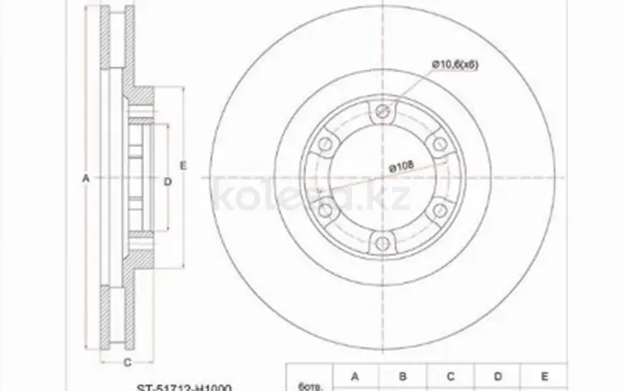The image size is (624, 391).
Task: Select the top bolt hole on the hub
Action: tap(383, 113)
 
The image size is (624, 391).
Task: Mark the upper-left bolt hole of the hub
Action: tap(326, 146)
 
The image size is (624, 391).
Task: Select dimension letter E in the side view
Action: tap(185, 163)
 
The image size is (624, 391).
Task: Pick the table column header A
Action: tap(354, 378)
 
